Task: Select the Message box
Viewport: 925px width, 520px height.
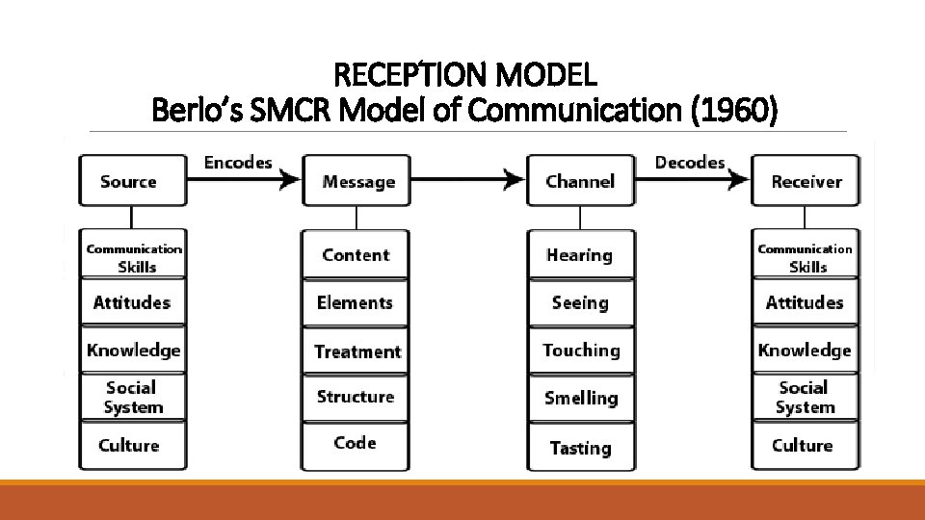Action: pyautogui.click(x=358, y=181)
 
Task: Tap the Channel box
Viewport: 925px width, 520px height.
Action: pyautogui.click(x=580, y=181)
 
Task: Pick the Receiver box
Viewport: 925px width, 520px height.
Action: pyautogui.click(x=806, y=181)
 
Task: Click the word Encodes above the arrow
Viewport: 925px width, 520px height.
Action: pyautogui.click(x=238, y=162)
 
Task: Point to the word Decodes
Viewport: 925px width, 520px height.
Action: pyautogui.click(x=689, y=162)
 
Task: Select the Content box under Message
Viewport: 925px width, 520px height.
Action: pyautogui.click(x=356, y=254)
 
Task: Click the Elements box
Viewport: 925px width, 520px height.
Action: pyautogui.click(x=356, y=302)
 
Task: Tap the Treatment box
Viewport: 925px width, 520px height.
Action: pyautogui.click(x=357, y=351)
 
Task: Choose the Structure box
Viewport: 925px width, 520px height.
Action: pyautogui.click(x=356, y=397)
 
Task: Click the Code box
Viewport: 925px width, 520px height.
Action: pyautogui.click(x=355, y=443)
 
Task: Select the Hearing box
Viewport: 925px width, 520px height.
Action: pyautogui.click(x=580, y=255)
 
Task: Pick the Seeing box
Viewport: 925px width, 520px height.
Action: pyautogui.click(x=580, y=302)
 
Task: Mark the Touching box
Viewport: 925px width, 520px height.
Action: pyautogui.click(x=581, y=351)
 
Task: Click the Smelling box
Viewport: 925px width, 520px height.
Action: pyautogui.click(x=581, y=397)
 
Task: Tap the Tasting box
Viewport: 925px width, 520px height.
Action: pyautogui.click(x=580, y=447)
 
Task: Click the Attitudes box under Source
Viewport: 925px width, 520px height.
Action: pyautogui.click(x=132, y=302)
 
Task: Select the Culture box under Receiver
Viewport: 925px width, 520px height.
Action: pyautogui.click(x=803, y=445)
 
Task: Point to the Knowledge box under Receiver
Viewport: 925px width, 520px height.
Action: pyautogui.click(x=805, y=350)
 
